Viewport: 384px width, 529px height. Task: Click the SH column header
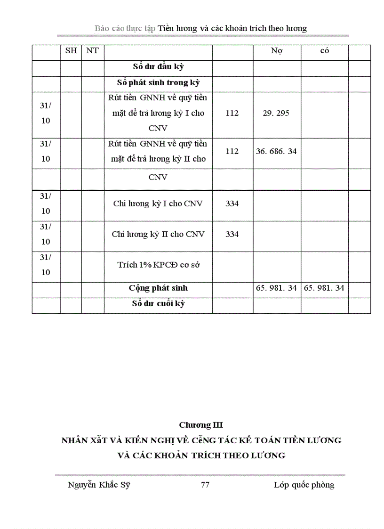point(71,51)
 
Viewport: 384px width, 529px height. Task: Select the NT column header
point(93,51)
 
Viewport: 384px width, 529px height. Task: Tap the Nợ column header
point(277,51)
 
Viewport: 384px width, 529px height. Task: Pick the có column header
point(324,51)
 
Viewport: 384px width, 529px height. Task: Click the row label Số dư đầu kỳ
point(158,67)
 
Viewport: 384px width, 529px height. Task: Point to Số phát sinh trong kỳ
point(158,83)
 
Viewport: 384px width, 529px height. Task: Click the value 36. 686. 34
point(277,151)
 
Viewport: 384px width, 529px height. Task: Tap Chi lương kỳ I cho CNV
point(158,203)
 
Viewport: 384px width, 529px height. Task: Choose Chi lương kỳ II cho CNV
point(158,234)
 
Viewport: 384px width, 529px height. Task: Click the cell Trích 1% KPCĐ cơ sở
point(158,265)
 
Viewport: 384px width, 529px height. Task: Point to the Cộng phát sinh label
point(158,288)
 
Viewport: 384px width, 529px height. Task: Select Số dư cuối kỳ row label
point(158,304)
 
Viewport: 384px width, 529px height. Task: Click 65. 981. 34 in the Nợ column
point(277,288)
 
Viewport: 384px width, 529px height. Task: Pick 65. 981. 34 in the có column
point(324,288)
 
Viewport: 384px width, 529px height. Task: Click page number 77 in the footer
point(205,485)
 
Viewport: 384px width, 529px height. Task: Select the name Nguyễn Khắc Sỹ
point(99,485)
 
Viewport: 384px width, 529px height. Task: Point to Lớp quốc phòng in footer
point(304,485)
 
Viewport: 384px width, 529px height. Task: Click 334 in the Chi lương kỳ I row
point(232,203)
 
